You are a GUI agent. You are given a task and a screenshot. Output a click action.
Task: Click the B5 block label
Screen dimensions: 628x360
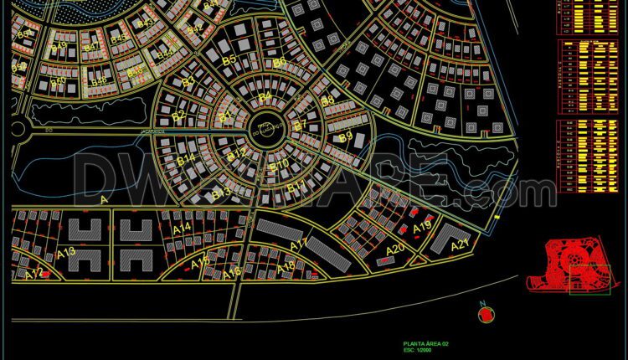coord(229,60)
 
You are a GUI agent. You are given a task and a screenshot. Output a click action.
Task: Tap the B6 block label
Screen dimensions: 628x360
coord(280,61)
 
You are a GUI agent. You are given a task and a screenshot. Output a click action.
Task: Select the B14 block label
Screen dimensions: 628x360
coord(185,157)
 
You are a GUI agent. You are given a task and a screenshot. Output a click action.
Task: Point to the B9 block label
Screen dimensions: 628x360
coord(345,137)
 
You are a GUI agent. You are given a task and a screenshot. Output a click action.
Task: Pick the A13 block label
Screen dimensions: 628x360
coord(66,252)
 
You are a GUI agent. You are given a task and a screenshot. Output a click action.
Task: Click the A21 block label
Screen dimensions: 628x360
coord(460,245)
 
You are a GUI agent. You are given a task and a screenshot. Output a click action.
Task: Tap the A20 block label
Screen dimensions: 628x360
coord(394,249)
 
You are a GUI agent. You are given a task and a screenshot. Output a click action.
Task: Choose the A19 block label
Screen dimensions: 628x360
coord(422,226)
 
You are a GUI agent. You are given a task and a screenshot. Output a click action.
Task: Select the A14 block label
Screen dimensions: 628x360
coord(182,227)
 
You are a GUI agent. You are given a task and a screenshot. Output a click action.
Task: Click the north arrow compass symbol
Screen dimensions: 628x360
coord(485,313)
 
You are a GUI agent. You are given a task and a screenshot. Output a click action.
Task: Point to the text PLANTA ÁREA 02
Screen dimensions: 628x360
coord(427,343)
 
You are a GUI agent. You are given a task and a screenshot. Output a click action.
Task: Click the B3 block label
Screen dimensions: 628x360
coord(188,81)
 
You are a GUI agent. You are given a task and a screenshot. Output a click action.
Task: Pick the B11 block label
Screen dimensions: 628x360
coord(296,186)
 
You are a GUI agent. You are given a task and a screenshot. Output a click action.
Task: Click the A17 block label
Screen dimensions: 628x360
coord(299,244)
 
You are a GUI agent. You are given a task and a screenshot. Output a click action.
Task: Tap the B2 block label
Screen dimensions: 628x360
coord(178,116)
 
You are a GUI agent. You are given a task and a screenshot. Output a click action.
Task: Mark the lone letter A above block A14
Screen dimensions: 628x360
coord(104,200)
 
